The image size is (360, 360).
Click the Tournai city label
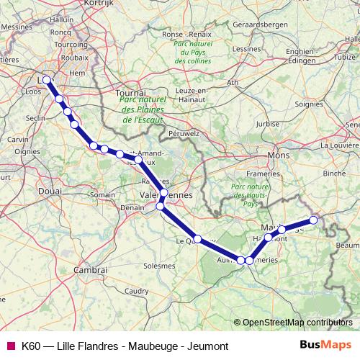coord(132,94)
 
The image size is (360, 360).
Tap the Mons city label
coord(277,155)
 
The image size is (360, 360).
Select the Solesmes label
coord(158,265)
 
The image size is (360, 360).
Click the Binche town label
coord(334,174)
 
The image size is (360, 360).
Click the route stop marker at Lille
coord(48,80)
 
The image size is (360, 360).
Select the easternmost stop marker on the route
coord(313,220)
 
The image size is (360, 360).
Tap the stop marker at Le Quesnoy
coord(197,239)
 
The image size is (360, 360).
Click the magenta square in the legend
coord(10,346)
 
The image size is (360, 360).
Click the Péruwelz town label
coord(183,133)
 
